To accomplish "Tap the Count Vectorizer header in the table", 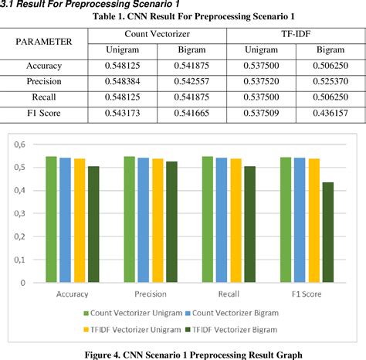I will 158,34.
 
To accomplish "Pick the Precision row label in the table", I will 44,83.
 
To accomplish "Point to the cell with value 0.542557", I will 192,83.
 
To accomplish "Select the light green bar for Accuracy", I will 50,219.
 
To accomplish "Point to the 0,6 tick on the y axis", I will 18,144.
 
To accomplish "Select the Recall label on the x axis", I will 217,294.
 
